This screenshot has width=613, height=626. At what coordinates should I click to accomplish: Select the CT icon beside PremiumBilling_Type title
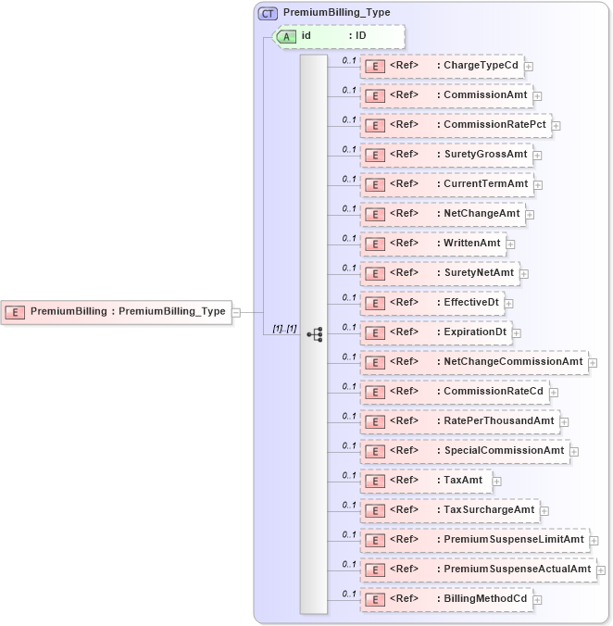[269, 13]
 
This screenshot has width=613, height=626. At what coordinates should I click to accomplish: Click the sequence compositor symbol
[314, 333]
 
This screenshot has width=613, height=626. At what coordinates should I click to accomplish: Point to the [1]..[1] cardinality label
[284, 329]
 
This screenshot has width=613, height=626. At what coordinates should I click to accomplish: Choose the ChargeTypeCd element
[441, 66]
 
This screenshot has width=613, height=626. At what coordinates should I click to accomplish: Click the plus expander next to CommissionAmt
[537, 95]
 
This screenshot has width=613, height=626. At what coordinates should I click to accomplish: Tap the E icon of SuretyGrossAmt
[374, 155]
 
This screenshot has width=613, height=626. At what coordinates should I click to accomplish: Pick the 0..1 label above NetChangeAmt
[349, 208]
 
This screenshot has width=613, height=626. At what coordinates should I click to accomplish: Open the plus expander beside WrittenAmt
[510, 244]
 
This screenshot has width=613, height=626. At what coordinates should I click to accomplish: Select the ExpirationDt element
[435, 332]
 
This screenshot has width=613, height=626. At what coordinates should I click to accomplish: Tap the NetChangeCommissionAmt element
[473, 362]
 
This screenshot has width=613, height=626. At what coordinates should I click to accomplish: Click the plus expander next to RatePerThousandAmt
[564, 421]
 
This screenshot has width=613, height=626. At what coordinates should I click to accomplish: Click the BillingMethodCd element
[445, 599]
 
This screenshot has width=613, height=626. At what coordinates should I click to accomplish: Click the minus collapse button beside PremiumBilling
[236, 312]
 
